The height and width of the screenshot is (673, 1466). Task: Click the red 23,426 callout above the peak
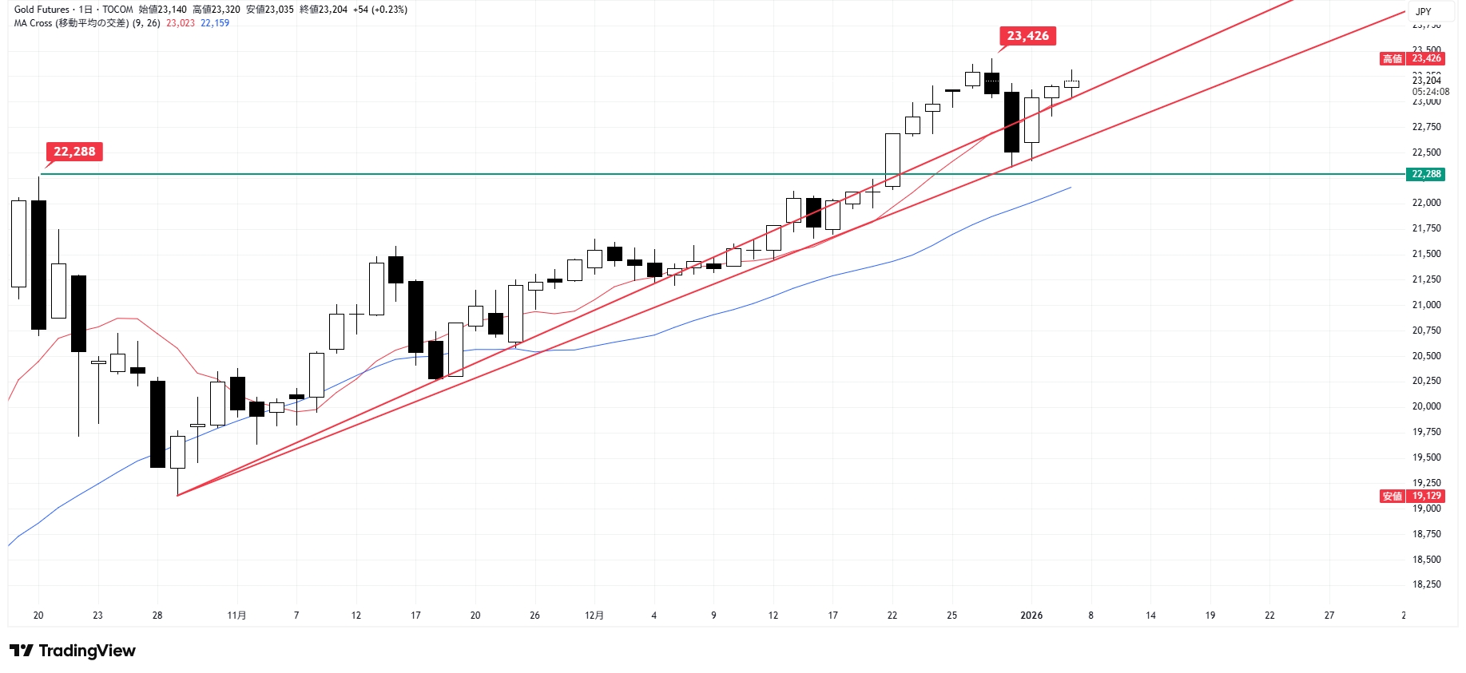tap(1027, 36)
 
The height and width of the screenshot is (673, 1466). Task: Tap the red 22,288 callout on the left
tap(74, 152)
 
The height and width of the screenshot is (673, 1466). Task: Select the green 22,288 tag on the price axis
tap(1426, 174)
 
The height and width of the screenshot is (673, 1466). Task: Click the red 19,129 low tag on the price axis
tap(1426, 496)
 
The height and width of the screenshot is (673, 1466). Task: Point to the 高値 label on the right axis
tap(1393, 58)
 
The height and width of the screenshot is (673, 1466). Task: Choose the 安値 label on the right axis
tap(1393, 496)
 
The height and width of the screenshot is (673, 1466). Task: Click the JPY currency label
tap(1423, 11)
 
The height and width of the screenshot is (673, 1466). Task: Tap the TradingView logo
tap(73, 651)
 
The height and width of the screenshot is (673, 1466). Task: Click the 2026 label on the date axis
tap(1031, 616)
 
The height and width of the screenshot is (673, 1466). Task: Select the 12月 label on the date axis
tap(594, 616)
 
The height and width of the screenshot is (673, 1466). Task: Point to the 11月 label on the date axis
tap(236, 616)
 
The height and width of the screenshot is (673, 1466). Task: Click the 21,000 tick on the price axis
tap(1426, 305)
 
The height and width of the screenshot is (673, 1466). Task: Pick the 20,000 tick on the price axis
tap(1426, 406)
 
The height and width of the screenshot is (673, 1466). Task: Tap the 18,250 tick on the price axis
tap(1426, 584)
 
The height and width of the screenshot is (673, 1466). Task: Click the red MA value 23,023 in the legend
tap(181, 23)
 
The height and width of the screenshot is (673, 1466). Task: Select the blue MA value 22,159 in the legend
tap(215, 23)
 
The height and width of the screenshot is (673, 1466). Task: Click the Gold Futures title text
tap(42, 10)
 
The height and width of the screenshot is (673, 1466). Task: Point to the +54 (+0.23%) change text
tap(380, 10)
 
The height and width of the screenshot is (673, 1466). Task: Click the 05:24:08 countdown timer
tap(1430, 92)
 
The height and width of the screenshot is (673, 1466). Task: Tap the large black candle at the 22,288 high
tap(38, 264)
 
